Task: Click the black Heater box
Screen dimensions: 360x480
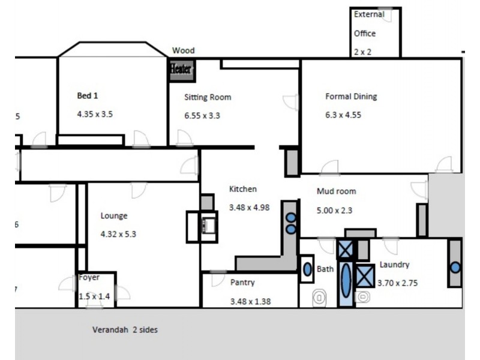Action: click(181, 70)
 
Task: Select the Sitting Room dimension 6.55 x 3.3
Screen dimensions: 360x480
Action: click(202, 115)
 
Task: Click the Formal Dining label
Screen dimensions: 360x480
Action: click(351, 96)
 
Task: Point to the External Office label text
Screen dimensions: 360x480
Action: click(368, 24)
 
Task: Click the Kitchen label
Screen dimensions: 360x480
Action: click(243, 189)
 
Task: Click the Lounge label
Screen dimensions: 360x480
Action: click(114, 216)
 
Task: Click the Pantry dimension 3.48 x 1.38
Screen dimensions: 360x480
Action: click(251, 301)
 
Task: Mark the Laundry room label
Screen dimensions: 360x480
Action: click(394, 265)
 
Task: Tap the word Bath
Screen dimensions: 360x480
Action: click(325, 269)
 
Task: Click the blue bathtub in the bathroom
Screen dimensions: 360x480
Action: click(347, 284)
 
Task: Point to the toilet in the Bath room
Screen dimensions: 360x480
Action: click(319, 296)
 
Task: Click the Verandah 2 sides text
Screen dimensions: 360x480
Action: click(125, 330)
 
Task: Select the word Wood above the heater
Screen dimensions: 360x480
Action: click(183, 51)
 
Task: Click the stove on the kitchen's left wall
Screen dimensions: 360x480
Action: click(208, 226)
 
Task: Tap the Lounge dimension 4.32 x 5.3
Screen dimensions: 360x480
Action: click(118, 234)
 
